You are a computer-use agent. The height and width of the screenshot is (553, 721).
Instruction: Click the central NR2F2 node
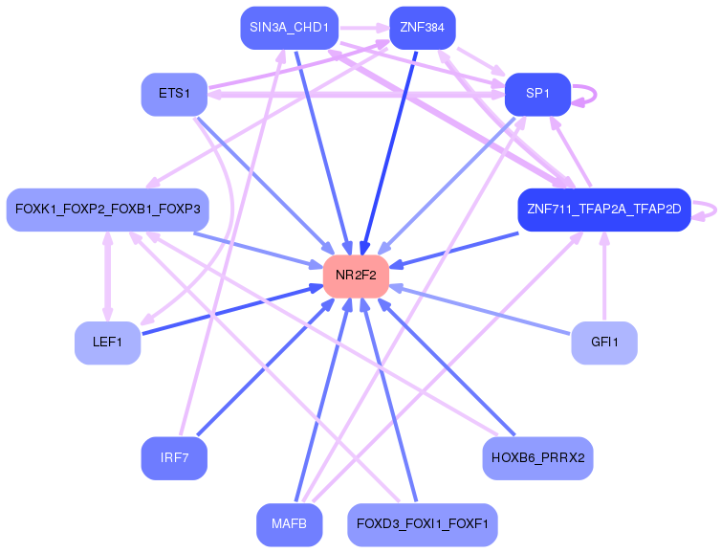point(356,276)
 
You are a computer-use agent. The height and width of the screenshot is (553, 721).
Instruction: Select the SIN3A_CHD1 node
point(289,28)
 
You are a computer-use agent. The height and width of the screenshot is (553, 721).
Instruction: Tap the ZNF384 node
point(422,28)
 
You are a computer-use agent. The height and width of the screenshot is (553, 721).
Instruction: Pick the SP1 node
point(537,94)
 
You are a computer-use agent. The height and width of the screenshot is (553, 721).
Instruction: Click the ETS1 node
point(174,94)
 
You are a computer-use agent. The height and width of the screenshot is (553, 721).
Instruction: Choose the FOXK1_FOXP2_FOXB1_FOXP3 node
point(108,210)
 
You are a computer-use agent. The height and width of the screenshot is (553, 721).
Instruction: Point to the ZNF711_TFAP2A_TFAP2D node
point(604,210)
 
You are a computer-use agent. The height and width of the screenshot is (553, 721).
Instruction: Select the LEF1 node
point(108,343)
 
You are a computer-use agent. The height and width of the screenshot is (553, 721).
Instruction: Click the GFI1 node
point(604,343)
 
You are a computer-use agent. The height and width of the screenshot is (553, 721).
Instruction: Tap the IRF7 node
point(174,458)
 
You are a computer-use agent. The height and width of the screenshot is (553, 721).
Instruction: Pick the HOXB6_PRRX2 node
point(537,458)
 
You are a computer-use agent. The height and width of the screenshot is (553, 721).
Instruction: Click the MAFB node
point(289,524)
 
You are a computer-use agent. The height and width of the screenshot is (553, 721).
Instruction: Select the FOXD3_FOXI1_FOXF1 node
point(422,524)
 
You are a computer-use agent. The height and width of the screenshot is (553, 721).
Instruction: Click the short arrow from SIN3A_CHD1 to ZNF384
point(363,28)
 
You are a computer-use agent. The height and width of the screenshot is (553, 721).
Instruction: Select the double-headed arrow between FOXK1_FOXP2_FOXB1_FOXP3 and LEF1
point(108,276)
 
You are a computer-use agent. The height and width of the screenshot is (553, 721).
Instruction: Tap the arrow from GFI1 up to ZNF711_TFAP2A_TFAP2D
point(604,276)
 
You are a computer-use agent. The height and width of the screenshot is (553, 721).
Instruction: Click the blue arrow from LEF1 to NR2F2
point(232,310)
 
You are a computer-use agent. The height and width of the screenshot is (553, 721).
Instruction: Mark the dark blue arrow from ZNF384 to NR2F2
point(389,153)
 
